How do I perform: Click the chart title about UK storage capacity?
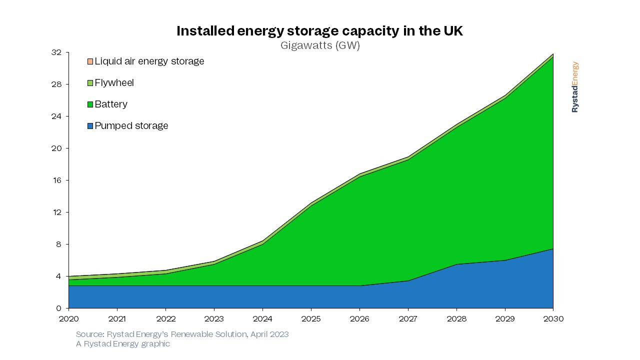point(320,31)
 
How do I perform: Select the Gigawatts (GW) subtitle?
point(320,45)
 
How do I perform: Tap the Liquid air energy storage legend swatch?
point(90,61)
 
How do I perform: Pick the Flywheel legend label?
point(114,83)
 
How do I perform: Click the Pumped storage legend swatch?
point(90,126)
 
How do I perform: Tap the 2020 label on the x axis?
point(68,319)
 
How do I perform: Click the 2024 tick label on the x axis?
point(262,319)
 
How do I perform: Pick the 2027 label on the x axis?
point(408,319)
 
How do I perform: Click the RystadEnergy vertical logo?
point(575,87)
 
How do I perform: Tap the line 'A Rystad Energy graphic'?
point(123,344)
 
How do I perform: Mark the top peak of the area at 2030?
point(553,54)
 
